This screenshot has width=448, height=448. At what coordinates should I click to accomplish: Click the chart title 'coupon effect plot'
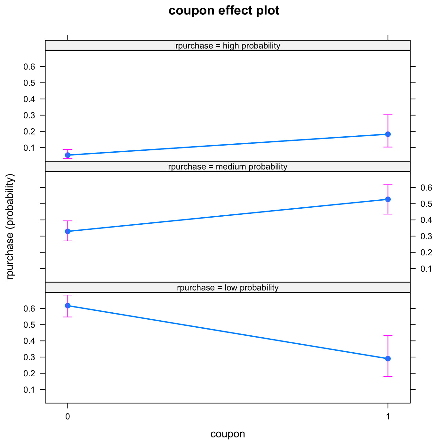coord(224,11)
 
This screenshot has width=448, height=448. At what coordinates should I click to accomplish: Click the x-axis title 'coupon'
coord(228,434)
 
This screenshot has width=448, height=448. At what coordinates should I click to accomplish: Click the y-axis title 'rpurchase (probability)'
coord(11,227)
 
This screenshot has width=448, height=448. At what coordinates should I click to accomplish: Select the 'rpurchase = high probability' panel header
coord(228,46)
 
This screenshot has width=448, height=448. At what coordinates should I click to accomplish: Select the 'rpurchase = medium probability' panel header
coord(228,167)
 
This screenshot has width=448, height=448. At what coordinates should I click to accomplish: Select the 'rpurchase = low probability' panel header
coord(228,288)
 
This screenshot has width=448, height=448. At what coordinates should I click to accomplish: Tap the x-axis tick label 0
coord(68,416)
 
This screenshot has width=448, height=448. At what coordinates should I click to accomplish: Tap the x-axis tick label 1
coord(388,416)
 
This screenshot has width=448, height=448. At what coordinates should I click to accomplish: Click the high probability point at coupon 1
coord(388,134)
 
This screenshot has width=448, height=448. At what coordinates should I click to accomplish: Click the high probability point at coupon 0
coord(68,155)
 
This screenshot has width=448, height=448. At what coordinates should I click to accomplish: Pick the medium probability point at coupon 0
coord(68,231)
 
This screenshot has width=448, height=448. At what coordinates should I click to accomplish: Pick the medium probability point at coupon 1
coord(388,199)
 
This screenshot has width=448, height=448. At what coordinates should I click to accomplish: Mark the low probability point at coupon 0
coord(68,306)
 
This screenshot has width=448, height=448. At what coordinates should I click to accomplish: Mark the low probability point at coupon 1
coord(388,359)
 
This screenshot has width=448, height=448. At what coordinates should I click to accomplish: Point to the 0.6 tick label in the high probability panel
coord(29,67)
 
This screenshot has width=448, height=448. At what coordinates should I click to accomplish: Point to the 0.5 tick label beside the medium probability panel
coord(426,204)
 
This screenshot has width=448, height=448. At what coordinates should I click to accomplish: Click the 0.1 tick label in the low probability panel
coord(29,390)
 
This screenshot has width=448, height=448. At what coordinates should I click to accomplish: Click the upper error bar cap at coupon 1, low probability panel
coord(388,335)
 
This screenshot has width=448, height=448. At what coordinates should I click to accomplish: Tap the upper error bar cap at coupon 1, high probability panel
coord(388,115)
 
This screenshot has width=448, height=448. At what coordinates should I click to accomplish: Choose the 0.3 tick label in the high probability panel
coord(29,115)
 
